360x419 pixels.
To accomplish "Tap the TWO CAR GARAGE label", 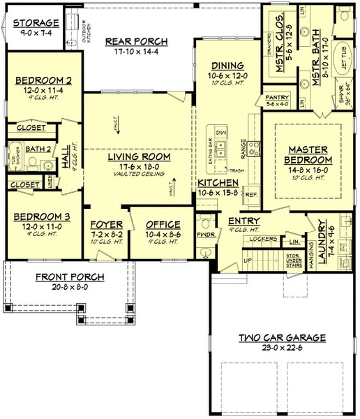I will click(281, 337).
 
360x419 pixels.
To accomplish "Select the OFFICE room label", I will click(163, 224).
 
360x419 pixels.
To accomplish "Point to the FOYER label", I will click(107, 224).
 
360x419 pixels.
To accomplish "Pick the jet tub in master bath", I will click(343, 67).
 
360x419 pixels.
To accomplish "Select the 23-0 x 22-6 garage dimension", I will click(281, 348).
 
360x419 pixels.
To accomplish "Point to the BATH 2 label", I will click(38, 148).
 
